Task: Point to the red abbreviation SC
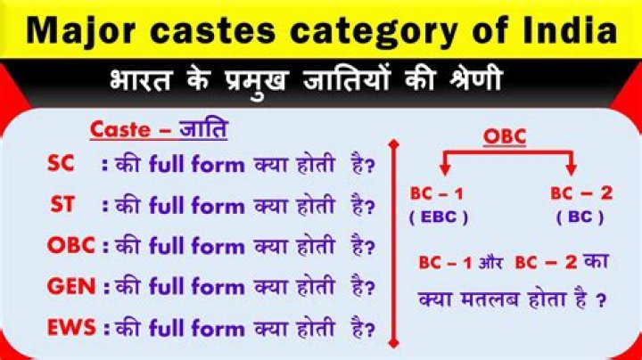[x=61, y=165]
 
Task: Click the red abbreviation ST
[x=62, y=205]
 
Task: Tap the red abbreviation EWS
[x=72, y=327]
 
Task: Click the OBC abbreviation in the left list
[x=71, y=246]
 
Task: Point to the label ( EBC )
[x=439, y=217]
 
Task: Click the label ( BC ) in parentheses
[x=579, y=217]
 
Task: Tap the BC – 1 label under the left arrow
[x=437, y=193]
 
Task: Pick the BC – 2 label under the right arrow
[x=581, y=193]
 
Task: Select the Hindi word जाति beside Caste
[x=203, y=129]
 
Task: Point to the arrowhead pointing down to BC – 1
[x=442, y=170]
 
